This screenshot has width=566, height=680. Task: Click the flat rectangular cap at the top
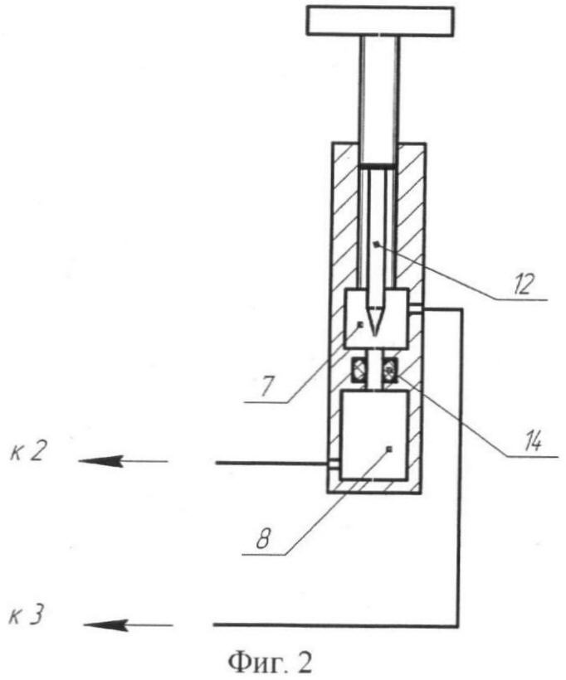(x=380, y=21)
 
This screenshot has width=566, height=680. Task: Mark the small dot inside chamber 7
(x=359, y=324)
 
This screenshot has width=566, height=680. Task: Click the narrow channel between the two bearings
(x=374, y=368)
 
